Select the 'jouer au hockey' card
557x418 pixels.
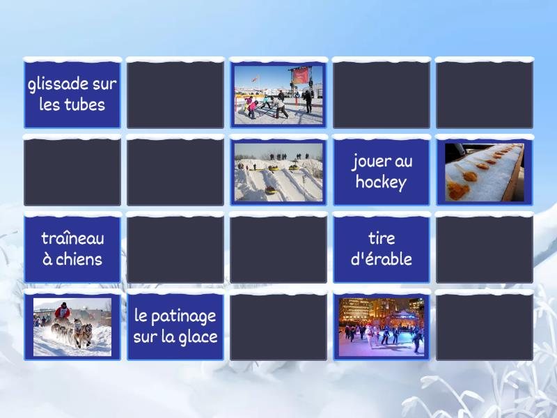pos(381,172)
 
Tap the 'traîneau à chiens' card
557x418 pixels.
pos(72,249)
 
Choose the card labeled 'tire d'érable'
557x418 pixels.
pos(381,249)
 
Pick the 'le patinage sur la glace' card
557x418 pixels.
pos(175,326)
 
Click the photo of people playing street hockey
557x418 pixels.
pos(278,95)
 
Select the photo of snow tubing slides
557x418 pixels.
pos(278,172)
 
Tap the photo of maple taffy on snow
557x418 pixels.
pos(485,172)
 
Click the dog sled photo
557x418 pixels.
pos(72,326)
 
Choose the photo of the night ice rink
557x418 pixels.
pos(381,326)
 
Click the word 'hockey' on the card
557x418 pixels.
pos(381,183)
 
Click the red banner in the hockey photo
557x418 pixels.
pos(301,75)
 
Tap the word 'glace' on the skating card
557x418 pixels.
pos(198,337)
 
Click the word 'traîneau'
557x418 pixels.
pos(72,238)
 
